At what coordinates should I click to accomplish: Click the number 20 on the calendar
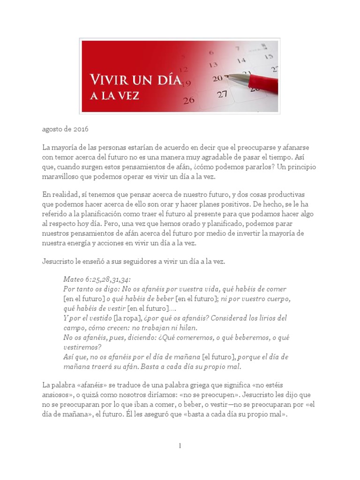pos(217,79)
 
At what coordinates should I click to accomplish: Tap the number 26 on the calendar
pos(189,100)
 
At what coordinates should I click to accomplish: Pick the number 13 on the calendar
pos(213,65)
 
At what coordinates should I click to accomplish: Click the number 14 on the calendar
pos(241,60)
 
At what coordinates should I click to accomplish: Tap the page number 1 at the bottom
pos(180,445)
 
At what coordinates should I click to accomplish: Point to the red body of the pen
pos(262,85)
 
